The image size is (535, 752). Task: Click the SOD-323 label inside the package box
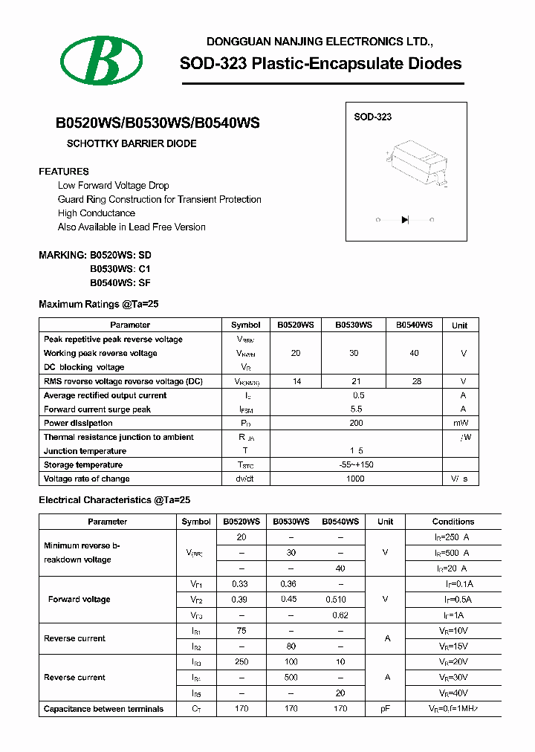(372, 117)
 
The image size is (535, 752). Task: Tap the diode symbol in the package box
(405, 219)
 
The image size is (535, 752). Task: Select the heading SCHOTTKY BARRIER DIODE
(132, 143)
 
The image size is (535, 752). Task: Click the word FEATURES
(64, 171)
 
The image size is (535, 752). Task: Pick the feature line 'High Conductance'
(97, 213)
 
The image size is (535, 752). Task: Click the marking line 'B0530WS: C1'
(120, 269)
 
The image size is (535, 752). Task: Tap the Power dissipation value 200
(356, 423)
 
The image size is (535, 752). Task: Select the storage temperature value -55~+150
(356, 465)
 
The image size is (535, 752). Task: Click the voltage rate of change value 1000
(356, 479)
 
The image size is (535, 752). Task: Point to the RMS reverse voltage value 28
(416, 381)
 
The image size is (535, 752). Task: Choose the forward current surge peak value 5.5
(356, 409)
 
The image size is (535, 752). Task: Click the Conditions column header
(453, 522)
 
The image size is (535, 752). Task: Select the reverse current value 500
(291, 678)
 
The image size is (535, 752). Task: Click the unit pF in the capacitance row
(385, 709)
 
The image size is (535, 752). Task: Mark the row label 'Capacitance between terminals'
(103, 709)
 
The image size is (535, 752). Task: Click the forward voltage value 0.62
(340, 615)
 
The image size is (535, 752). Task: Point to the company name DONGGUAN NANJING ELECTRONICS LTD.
(319, 42)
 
